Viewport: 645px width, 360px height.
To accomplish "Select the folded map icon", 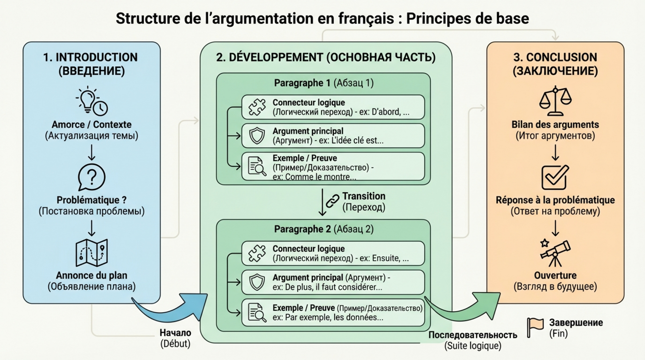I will point(91,253).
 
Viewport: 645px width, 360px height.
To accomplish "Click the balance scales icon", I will point(555,101).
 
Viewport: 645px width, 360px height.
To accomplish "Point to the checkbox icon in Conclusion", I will point(555,177).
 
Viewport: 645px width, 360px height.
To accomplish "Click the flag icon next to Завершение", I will point(535,327).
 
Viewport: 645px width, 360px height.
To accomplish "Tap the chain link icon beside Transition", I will point(332,201).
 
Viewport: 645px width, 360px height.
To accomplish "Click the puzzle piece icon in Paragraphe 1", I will point(257,107).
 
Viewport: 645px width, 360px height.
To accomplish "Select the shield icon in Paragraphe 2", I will point(257,282).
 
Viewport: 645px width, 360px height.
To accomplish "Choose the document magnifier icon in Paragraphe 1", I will point(257,166).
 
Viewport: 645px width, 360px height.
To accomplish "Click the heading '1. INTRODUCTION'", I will point(90,57).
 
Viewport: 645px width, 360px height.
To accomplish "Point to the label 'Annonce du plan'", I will point(91,276).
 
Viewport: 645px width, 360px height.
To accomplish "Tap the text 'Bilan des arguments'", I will point(555,125).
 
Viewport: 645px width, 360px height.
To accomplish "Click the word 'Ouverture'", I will point(555,276).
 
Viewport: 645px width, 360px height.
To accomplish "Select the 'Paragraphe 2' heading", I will point(302,229).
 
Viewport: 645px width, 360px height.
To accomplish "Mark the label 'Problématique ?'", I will point(91,200).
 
